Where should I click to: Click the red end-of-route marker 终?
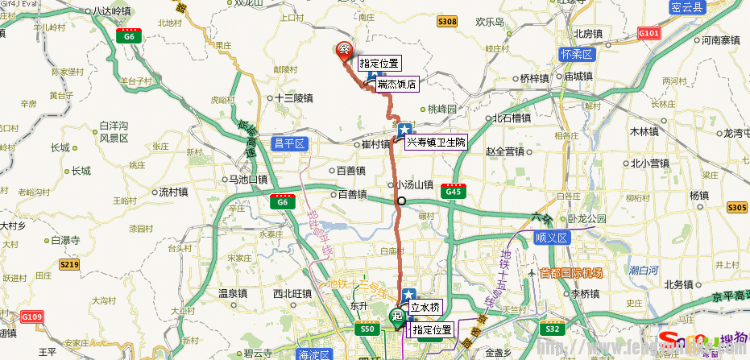pyautogui.click(x=344, y=50)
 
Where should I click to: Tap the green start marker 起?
pyautogui.click(x=397, y=317)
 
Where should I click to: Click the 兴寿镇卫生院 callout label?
pyautogui.click(x=435, y=142)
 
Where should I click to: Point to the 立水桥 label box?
pyautogui.click(x=425, y=307)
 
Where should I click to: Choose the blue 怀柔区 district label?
pyautogui.click(x=575, y=55)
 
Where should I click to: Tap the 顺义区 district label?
pyautogui.click(x=552, y=238)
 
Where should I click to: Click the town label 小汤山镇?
pyautogui.click(x=414, y=184)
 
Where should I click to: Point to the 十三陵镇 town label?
pyautogui.click(x=292, y=97)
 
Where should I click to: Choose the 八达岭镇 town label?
pyautogui.click(x=111, y=11)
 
